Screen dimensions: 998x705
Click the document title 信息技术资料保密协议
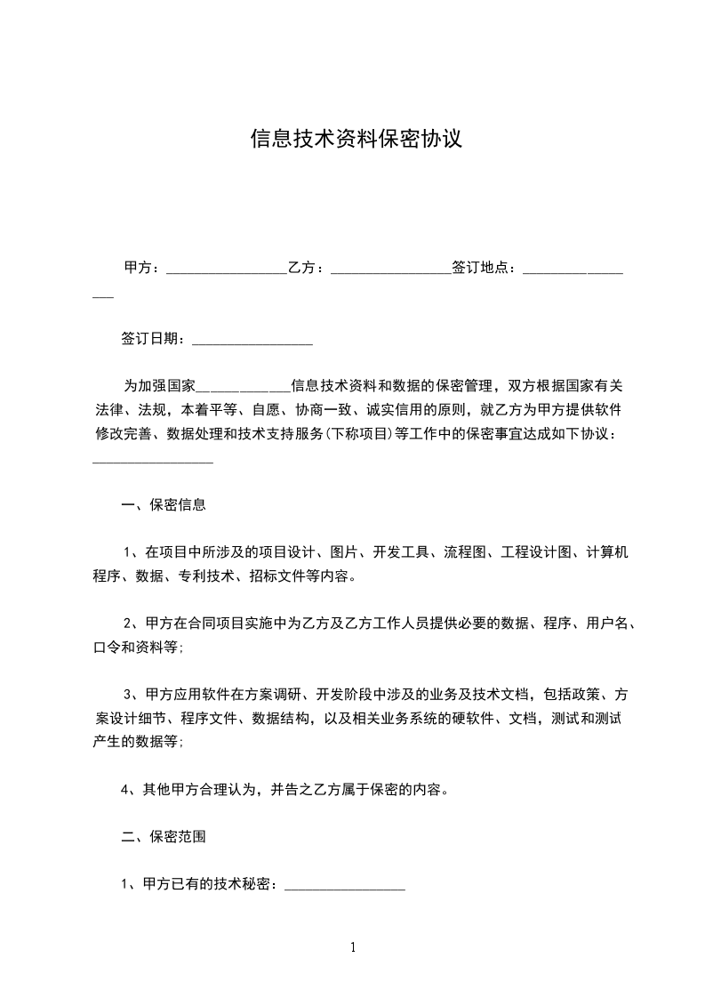[x=356, y=140]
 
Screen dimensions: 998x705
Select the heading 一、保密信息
[x=164, y=505]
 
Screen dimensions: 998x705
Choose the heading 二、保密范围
[x=164, y=837]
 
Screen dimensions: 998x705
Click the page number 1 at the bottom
[x=353, y=947]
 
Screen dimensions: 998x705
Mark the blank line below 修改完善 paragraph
[x=153, y=461]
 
